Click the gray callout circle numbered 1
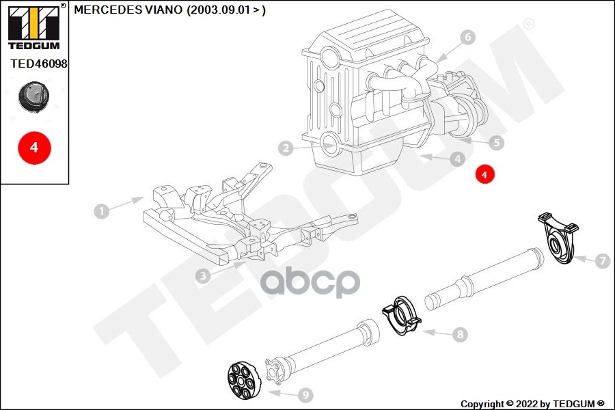pos(101,211)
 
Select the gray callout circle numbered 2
pos(286,148)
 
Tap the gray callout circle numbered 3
pos(202,276)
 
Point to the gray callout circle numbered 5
pos(497,143)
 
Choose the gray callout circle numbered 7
pos(601,260)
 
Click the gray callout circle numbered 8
pos(460,335)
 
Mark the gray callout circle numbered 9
pos(305,394)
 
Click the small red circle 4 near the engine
pos(484,175)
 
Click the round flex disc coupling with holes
pos(245,378)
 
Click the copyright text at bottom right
pos(532,403)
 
